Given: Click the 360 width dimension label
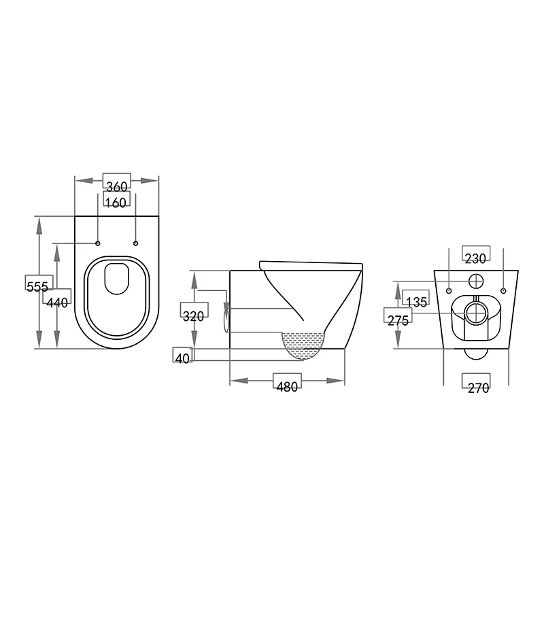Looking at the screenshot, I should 116,185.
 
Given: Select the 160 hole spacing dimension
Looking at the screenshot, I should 116,202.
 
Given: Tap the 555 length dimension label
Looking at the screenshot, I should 37,286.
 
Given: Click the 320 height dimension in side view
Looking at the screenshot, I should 194,316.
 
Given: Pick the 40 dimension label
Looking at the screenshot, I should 182,358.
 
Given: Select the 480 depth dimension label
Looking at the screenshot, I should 286,387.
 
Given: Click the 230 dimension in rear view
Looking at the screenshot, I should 476,258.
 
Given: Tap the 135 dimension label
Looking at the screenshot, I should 416,301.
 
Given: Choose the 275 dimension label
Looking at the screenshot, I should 398,320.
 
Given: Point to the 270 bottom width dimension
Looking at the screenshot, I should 479,387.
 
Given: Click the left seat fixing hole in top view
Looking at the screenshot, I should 98,244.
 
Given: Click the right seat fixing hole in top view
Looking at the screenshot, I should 135,244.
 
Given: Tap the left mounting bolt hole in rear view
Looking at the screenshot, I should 449,291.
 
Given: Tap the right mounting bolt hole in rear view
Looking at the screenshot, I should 504,291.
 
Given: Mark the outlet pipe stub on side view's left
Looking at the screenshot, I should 227,317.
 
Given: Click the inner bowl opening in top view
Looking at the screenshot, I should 117,279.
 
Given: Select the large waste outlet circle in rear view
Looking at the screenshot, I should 477,313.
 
